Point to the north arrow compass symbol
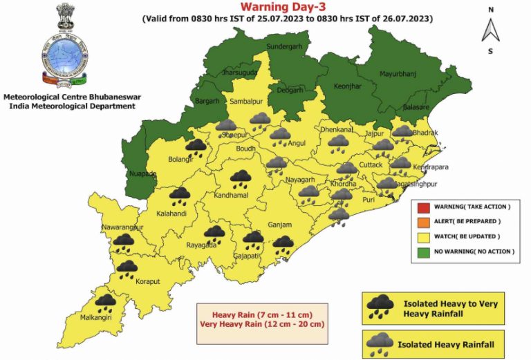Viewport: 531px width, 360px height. coord(490,30)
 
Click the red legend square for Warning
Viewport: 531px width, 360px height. coord(421,207)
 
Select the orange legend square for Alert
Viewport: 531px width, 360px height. coord(421,221)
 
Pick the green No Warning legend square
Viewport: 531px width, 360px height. coord(421,252)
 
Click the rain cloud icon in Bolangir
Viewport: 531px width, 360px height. coord(196,146)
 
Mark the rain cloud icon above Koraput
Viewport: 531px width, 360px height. coord(127,268)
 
